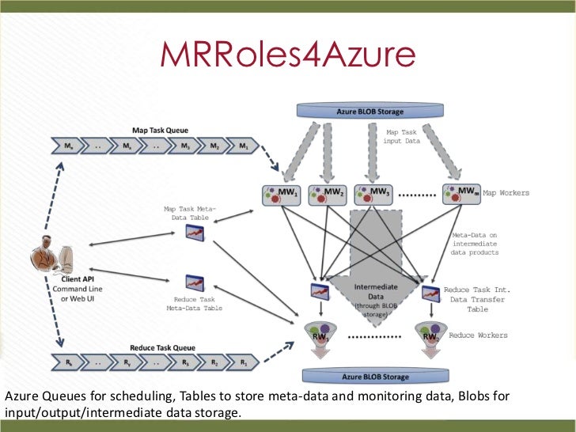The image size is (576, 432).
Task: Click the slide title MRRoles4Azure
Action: (x=287, y=54)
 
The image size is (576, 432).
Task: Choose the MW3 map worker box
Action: (x=374, y=194)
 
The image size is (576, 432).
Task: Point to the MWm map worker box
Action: (x=463, y=194)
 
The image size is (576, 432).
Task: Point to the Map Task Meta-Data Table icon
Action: (x=194, y=232)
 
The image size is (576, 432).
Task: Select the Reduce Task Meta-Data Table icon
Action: (x=194, y=282)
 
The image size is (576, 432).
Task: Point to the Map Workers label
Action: (x=506, y=193)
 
